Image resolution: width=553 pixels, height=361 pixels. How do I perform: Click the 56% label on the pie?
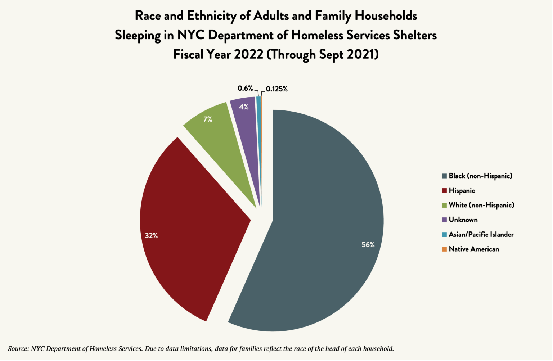(368, 245)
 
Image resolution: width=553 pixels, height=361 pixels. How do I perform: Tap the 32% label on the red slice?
(151, 236)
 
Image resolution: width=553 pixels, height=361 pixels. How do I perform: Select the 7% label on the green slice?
(208, 119)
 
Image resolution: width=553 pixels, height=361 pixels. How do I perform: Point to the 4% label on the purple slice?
(244, 107)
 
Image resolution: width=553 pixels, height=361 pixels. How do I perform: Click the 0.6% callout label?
(245, 88)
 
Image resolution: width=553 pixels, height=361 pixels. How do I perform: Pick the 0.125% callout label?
(276, 89)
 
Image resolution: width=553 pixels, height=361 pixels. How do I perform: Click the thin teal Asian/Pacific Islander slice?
(258, 144)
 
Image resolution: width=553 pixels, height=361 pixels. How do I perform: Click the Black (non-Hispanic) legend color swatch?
(444, 176)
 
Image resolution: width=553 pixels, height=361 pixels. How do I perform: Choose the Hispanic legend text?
(462, 191)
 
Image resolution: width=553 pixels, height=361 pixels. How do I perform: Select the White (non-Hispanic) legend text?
(481, 205)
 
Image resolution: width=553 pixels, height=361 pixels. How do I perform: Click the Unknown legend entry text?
(463, 220)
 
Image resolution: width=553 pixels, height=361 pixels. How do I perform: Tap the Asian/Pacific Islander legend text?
(481, 235)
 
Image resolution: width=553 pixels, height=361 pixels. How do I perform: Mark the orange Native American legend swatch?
(444, 249)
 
